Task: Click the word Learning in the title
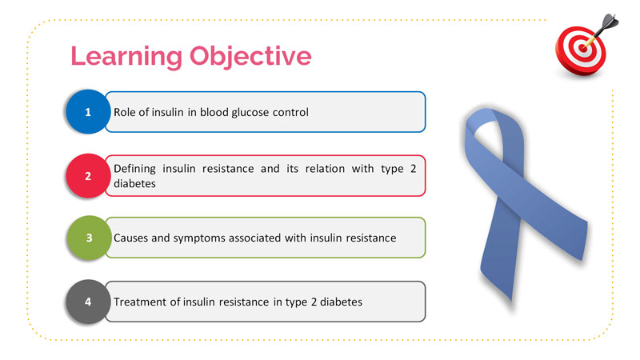126,56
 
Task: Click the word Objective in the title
250,56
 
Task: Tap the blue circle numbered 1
88,112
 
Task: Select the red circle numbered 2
88,176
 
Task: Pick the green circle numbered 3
89,238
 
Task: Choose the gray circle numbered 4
88,302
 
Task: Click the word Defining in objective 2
134,169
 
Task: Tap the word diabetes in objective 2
134,184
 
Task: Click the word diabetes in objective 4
342,302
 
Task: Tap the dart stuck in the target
602,30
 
